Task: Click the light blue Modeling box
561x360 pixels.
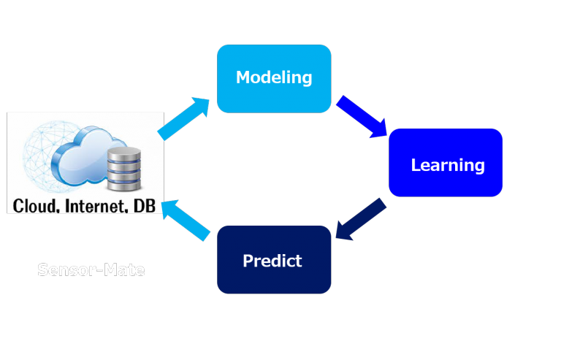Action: pyautogui.click(x=274, y=78)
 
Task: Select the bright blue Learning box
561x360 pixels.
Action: pyautogui.click(x=446, y=164)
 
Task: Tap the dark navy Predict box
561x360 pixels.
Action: pyautogui.click(x=274, y=260)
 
